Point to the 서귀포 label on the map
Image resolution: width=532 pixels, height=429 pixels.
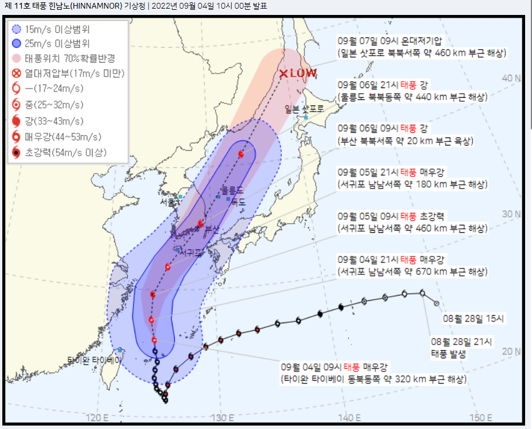[x=189, y=252]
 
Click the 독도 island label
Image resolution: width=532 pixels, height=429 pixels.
[x=238, y=202]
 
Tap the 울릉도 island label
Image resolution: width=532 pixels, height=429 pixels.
[x=232, y=190]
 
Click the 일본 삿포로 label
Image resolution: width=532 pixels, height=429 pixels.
[x=304, y=108]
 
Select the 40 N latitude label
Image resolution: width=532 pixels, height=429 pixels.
[x=511, y=78]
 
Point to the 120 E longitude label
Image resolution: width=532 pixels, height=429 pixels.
[x=98, y=417]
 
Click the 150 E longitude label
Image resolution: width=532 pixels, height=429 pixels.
[x=481, y=417]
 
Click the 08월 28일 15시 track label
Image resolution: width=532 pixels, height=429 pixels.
[x=474, y=317]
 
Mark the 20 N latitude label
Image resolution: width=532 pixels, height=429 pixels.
[x=511, y=351]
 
